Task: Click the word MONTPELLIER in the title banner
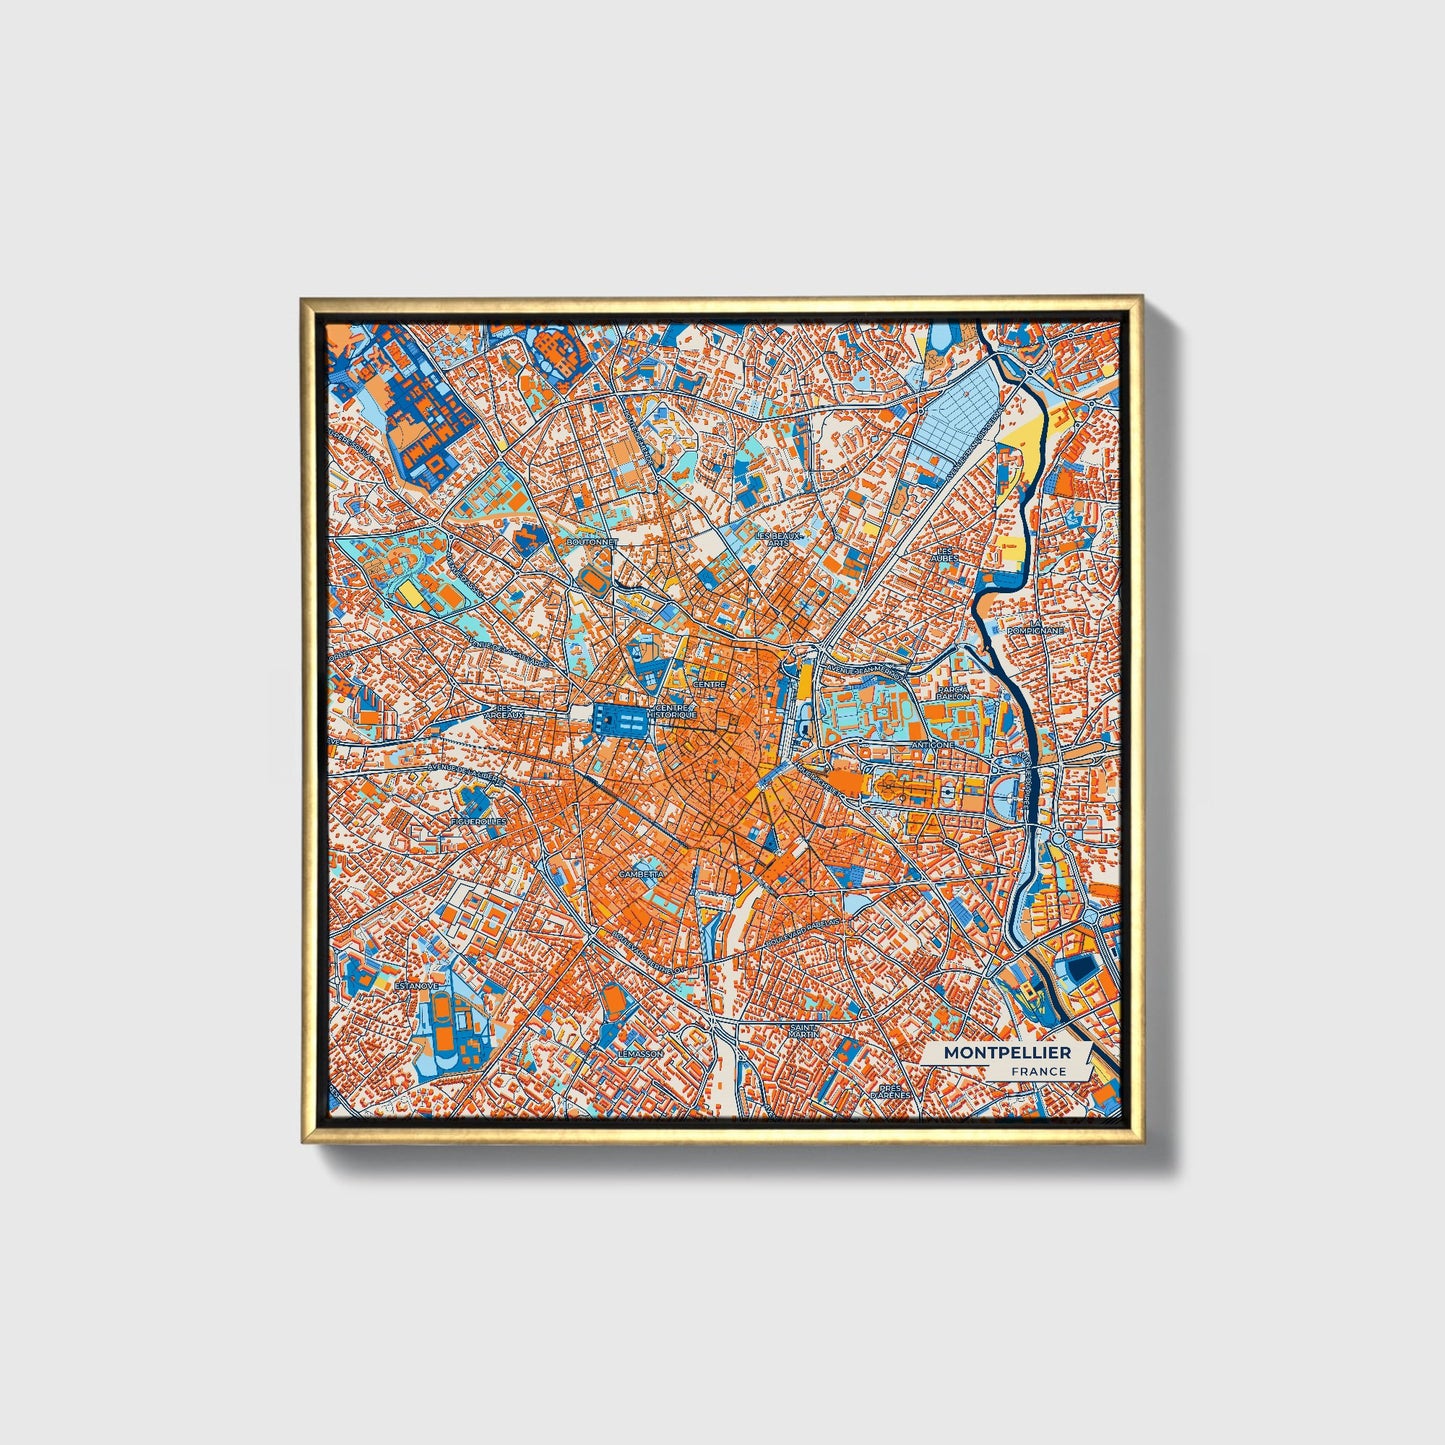click(1007, 1053)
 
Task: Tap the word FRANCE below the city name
click(1038, 1071)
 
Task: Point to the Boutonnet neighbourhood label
click(592, 541)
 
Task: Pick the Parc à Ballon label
click(952, 692)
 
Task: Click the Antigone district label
click(933, 745)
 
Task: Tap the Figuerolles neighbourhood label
click(479, 821)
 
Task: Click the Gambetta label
click(641, 873)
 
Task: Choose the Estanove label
click(416, 985)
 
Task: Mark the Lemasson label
click(640, 1053)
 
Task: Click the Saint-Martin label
click(804, 1029)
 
